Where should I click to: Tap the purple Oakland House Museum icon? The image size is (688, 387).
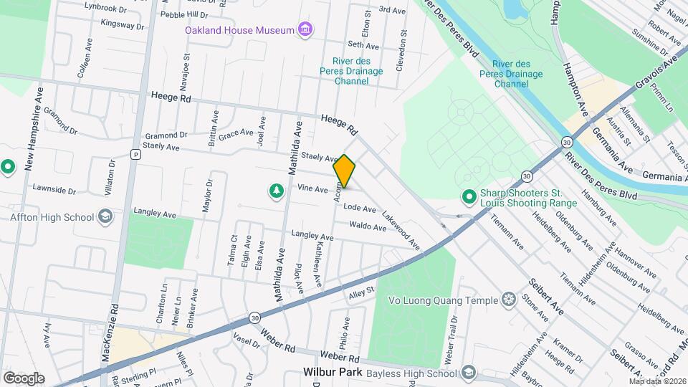[306, 29]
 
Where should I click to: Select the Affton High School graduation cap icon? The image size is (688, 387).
[105, 216]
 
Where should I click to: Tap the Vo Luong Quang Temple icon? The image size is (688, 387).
[509, 298]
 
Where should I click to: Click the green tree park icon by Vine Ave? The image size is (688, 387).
[275, 191]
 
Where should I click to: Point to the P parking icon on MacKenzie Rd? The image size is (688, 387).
[135, 154]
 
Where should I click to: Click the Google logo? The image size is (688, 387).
[23, 378]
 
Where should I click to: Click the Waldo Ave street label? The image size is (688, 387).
[368, 226]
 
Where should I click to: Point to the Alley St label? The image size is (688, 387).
[362, 291]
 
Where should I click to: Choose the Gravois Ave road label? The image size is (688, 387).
[657, 77]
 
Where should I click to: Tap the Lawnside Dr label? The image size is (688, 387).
[54, 190]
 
